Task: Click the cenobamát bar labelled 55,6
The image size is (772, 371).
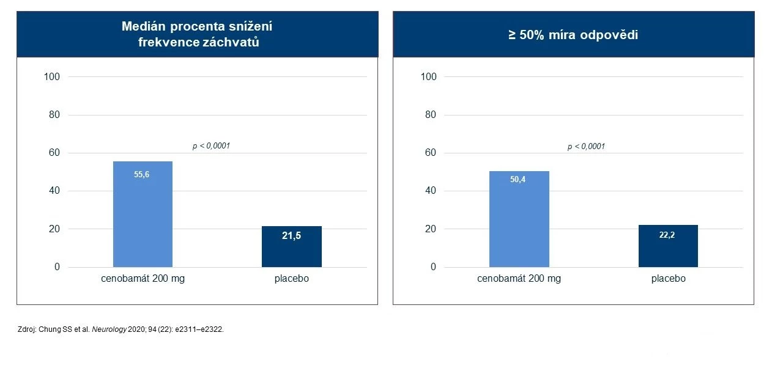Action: pyautogui.click(x=143, y=214)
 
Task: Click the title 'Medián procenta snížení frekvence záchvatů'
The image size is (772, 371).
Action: pyautogui.click(x=197, y=35)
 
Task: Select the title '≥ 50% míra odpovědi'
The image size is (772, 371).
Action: pyautogui.click(x=573, y=35)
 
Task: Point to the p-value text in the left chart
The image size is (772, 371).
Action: pyautogui.click(x=211, y=146)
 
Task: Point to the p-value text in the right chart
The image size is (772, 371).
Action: pyautogui.click(x=586, y=146)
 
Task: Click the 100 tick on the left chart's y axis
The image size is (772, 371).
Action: pyautogui.click(x=52, y=76)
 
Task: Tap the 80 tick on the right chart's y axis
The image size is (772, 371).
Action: pyautogui.click(x=431, y=115)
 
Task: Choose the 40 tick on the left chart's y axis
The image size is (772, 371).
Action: pyautogui.click(x=54, y=191)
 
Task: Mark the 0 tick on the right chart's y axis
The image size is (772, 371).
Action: pyautogui.click(x=433, y=267)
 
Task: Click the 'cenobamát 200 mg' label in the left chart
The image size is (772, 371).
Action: pyautogui.click(x=143, y=279)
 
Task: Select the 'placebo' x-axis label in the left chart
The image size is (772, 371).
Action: pyautogui.click(x=291, y=279)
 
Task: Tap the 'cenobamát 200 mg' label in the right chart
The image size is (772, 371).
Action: pyautogui.click(x=519, y=279)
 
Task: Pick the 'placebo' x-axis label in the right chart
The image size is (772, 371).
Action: pyautogui.click(x=668, y=279)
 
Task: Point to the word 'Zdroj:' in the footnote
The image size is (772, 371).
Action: pyautogui.click(x=29, y=329)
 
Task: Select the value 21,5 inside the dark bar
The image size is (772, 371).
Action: pyautogui.click(x=291, y=237)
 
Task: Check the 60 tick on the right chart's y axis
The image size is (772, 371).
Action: pyautogui.click(x=431, y=153)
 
